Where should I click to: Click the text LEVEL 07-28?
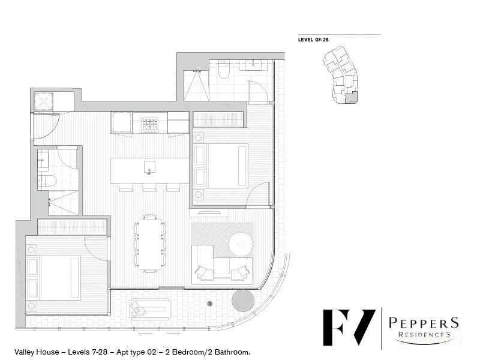pos(313,40)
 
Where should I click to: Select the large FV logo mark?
pos(349,327)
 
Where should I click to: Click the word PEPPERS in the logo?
pos(423,323)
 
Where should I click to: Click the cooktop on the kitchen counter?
pos(149,125)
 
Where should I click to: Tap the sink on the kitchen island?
pos(149,167)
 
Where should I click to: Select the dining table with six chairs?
pos(149,244)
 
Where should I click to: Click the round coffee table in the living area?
pos(241,244)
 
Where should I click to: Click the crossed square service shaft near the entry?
pos(44,101)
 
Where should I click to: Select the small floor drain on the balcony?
pos(209,304)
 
